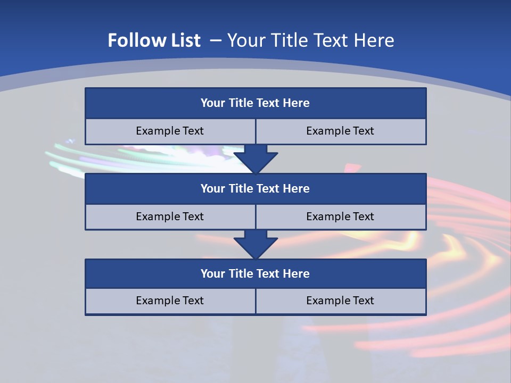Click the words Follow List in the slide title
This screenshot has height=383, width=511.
[x=154, y=40]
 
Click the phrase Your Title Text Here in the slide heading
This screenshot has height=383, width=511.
[x=310, y=40]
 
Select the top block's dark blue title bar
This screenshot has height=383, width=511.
[x=256, y=103]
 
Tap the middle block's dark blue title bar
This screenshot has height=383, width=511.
[x=256, y=189]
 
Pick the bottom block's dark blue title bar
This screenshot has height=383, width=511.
[x=256, y=274]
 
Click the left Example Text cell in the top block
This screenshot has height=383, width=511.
[x=170, y=131]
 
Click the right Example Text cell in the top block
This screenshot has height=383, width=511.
[x=341, y=131]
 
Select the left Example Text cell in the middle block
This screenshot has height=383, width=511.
[x=170, y=217]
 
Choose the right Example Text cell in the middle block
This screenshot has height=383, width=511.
[x=341, y=217]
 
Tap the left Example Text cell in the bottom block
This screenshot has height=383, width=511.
[x=170, y=301]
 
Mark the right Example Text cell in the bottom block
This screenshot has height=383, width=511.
[x=341, y=301]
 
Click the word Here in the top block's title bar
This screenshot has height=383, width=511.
[x=296, y=103]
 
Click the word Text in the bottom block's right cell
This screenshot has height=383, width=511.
[x=362, y=301]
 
